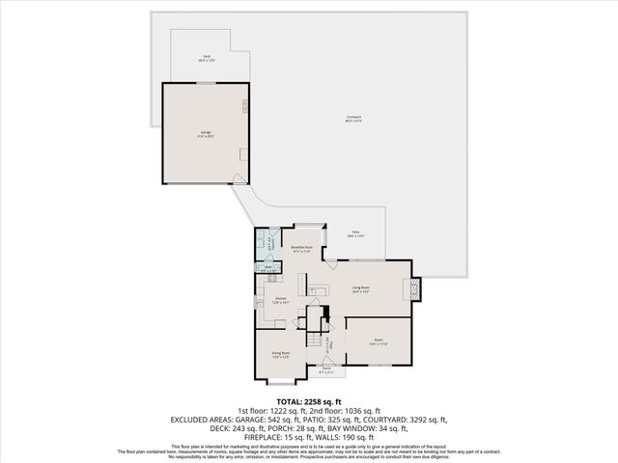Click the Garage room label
[x=206, y=133]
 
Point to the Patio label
[x=355, y=234]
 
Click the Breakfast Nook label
[x=302, y=249]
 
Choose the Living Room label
[x=362, y=288]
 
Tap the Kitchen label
[x=281, y=300]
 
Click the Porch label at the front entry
[x=326, y=369]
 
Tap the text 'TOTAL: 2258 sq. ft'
[x=309, y=401]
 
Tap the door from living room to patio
[x=330, y=262]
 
